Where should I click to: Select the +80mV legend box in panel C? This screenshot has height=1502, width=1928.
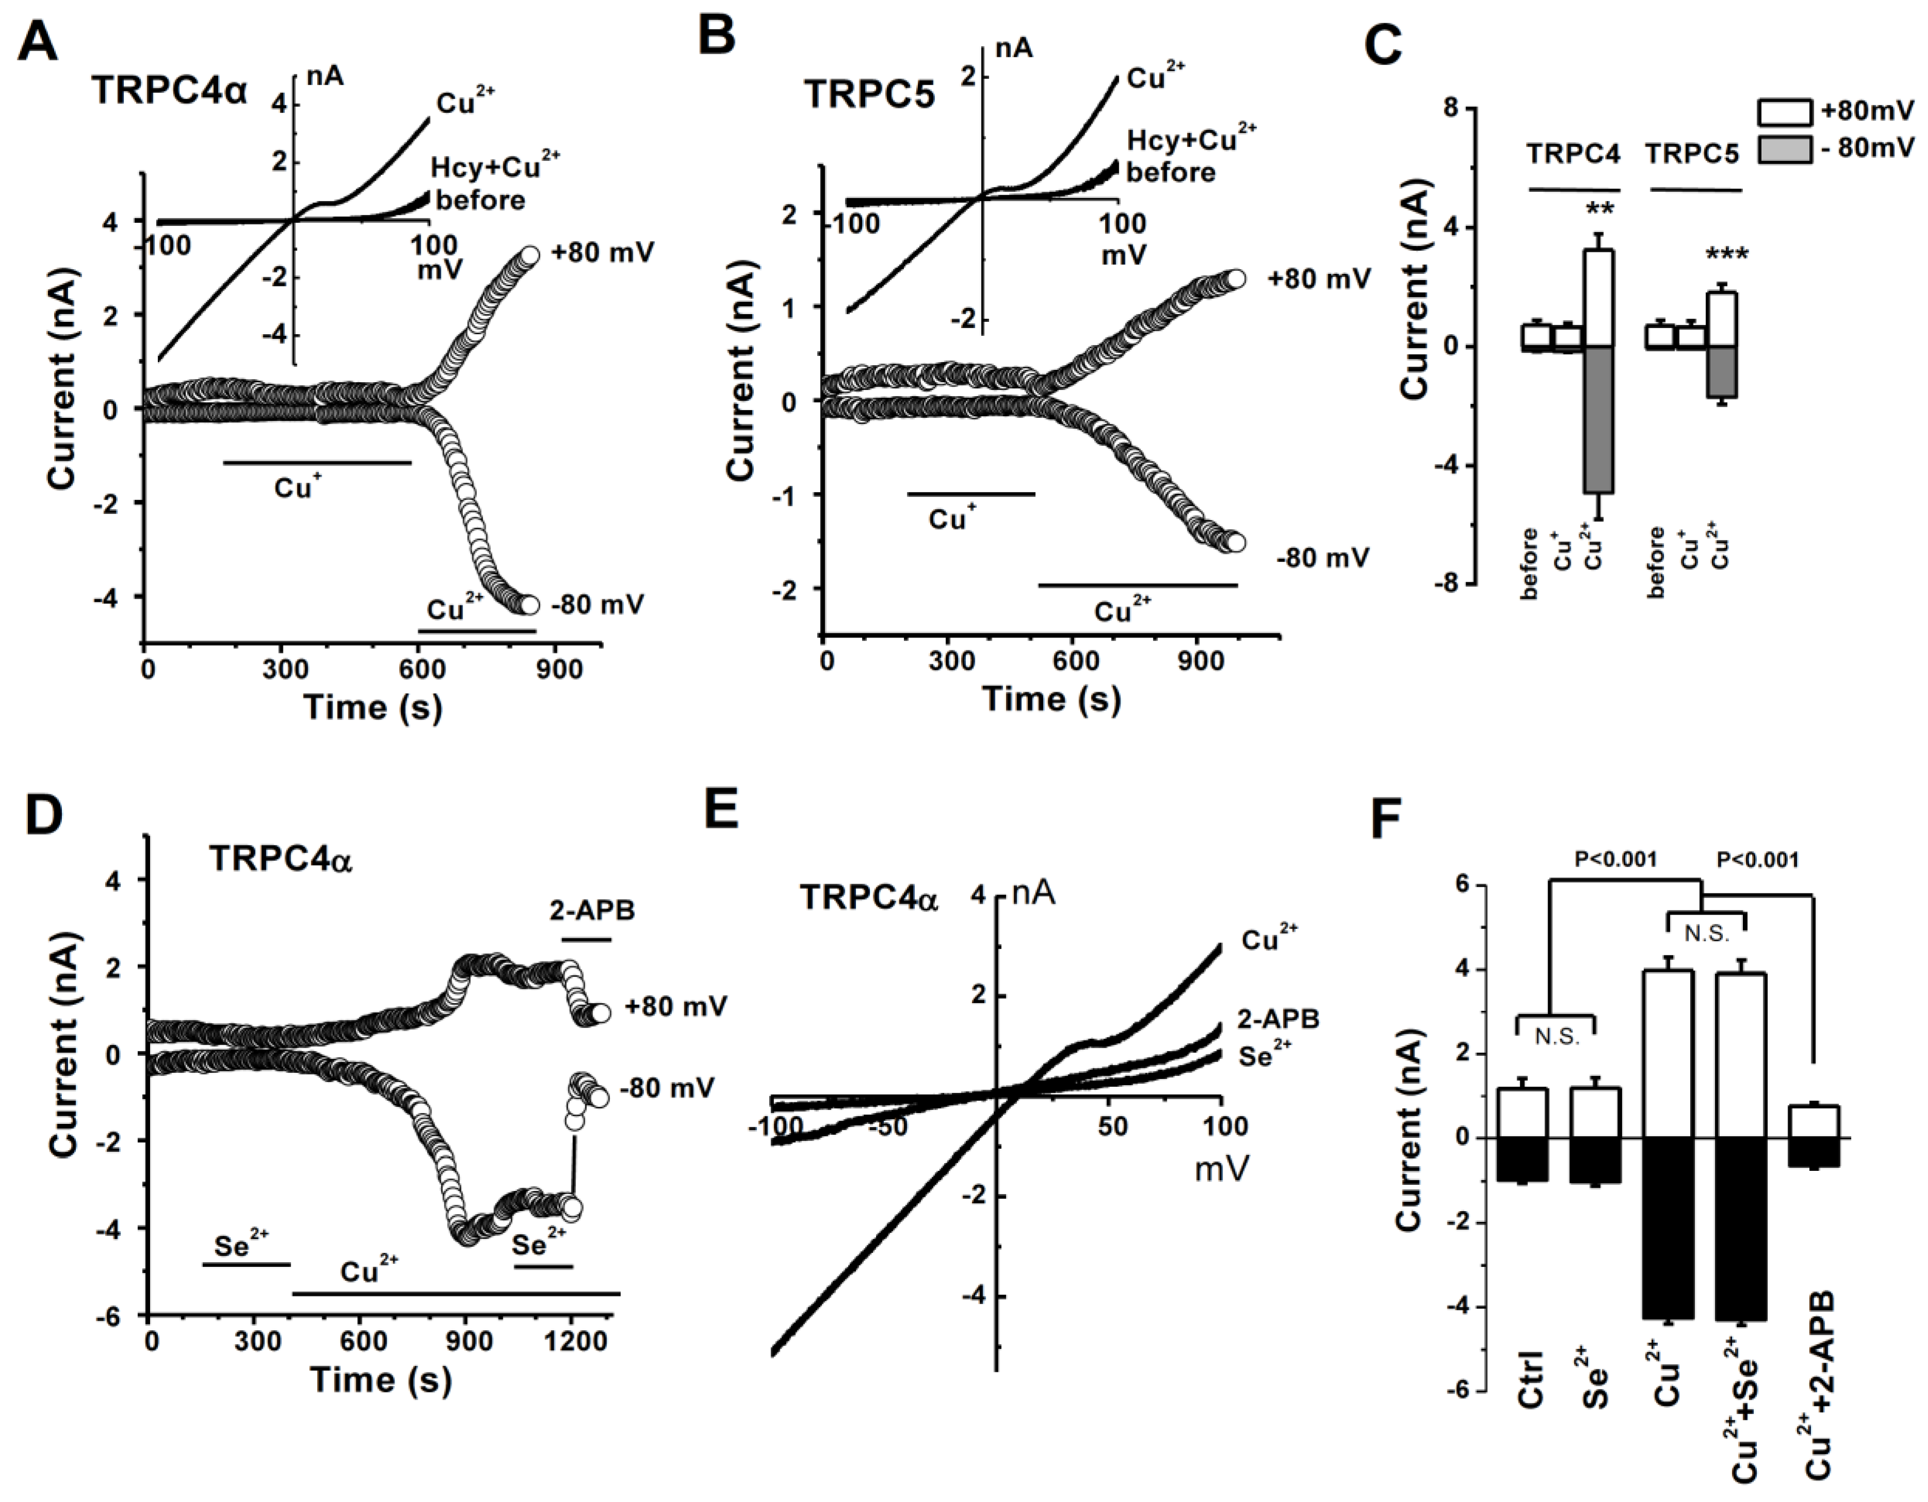tap(1783, 112)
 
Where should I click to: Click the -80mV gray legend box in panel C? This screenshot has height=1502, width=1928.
tap(1783, 149)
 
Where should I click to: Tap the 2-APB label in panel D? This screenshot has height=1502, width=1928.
tap(591, 910)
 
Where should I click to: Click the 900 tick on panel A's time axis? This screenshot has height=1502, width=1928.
tap(559, 670)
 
